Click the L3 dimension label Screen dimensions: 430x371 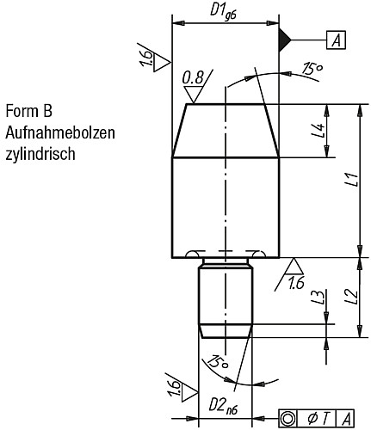(317, 297)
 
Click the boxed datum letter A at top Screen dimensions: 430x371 (337, 40)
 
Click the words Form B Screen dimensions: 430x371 (28, 112)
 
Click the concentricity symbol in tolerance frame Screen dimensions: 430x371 (289, 418)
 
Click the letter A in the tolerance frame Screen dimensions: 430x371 (349, 418)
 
